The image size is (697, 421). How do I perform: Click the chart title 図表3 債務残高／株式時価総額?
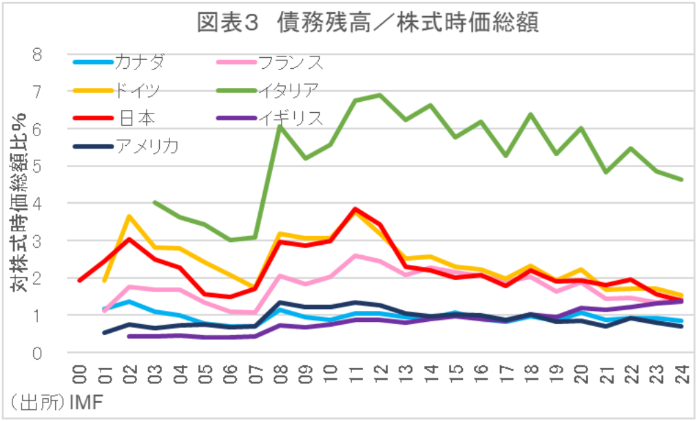[x=366, y=23]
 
